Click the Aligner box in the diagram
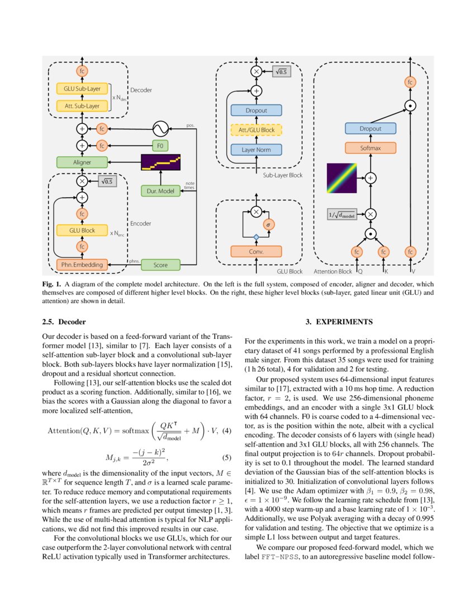(82, 162)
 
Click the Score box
(160, 265)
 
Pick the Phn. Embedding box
(82, 265)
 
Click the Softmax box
(370, 148)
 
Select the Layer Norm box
(256, 150)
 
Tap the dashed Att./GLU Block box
(256, 130)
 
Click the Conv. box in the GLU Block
(256, 251)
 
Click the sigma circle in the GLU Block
(268, 224)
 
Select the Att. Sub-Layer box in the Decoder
(82, 105)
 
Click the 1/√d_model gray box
(342, 213)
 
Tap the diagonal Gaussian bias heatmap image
(342, 178)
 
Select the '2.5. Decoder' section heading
(64, 322)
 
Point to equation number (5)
(226, 458)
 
